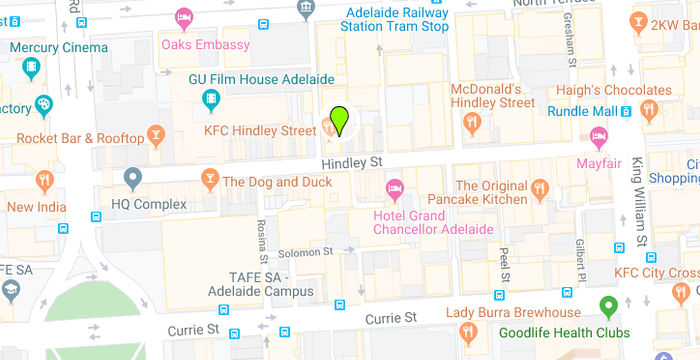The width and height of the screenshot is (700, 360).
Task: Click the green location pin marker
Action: pyautogui.click(x=340, y=120)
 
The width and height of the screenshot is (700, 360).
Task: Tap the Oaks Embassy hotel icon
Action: pyautogui.click(x=183, y=17)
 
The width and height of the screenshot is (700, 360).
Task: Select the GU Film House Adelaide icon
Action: pyautogui.click(x=210, y=97)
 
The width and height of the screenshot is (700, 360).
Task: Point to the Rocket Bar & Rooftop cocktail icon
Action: pyautogui.click(x=155, y=133)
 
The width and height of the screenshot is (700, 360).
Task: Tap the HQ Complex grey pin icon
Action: pyautogui.click(x=132, y=179)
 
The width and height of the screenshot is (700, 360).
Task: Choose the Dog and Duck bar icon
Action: pyautogui.click(x=209, y=179)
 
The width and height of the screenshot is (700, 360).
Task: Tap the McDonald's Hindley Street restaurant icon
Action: pyautogui.click(x=472, y=122)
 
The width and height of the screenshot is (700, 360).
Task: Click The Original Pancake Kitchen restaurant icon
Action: pyautogui.click(x=541, y=187)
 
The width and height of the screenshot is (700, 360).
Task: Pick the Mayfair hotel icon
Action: pyautogui.click(x=599, y=136)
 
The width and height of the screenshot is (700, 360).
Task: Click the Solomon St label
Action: pyautogui.click(x=303, y=253)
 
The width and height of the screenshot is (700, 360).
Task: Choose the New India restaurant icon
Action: pyautogui.click(x=43, y=181)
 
